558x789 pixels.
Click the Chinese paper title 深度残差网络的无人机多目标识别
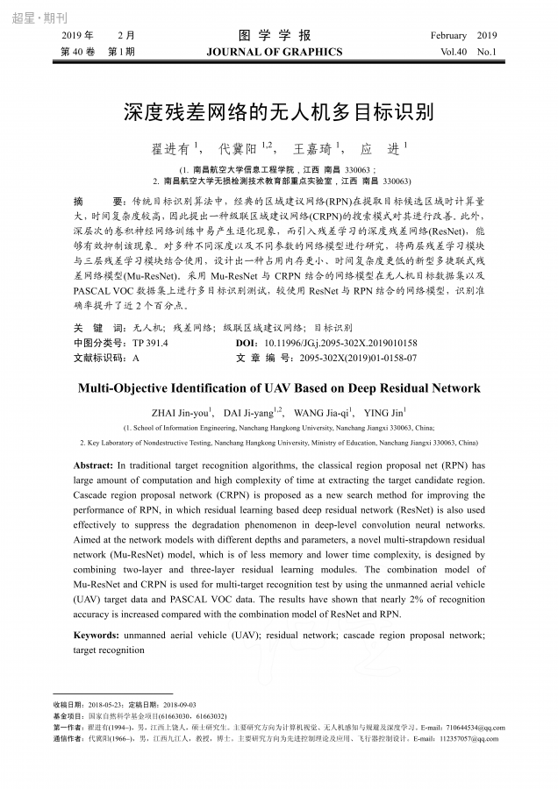click(x=278, y=113)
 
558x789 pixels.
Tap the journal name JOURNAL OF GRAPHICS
click(x=275, y=52)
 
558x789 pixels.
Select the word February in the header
click(x=448, y=35)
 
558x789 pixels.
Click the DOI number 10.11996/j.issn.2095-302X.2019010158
click(x=340, y=343)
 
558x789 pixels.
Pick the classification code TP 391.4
click(x=150, y=343)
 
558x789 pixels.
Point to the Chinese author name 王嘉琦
click(x=314, y=149)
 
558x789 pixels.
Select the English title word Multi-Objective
click(x=128, y=387)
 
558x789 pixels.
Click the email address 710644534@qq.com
click(x=475, y=727)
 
